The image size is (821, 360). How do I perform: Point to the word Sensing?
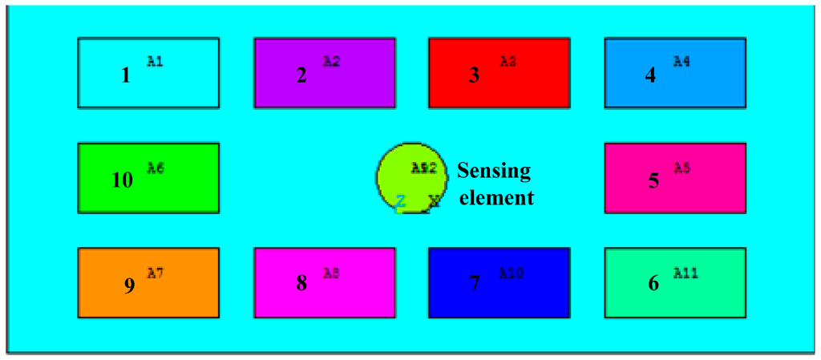(494, 170)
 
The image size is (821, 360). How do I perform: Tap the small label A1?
(156, 61)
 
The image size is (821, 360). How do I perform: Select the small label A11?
(686, 273)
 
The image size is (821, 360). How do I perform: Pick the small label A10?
(512, 273)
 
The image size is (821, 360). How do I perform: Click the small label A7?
(156, 273)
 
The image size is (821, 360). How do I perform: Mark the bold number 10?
(122, 180)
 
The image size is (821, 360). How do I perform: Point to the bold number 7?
(474, 284)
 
